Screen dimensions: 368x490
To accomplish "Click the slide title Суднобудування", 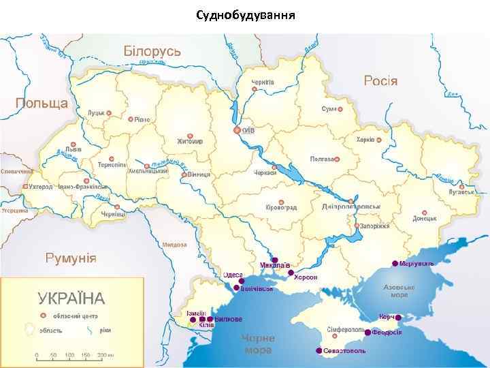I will [x=244, y=14].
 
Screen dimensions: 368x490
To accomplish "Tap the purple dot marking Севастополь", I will [x=318, y=350].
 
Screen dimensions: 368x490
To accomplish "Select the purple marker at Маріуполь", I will [x=395, y=263].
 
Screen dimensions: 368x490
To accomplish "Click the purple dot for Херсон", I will [x=291, y=273].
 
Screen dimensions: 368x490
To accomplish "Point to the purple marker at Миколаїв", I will [x=274, y=260].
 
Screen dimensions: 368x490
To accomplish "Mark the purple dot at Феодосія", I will [x=367, y=333].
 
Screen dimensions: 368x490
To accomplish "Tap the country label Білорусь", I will [x=151, y=52].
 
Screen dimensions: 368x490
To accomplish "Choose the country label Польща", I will [x=42, y=104].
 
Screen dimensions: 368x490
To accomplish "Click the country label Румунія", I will [x=70, y=258].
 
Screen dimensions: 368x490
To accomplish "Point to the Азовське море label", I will [x=399, y=291].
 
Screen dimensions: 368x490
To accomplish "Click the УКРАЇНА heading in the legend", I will [x=71, y=298].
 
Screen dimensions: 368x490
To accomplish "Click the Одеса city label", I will [x=233, y=274].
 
